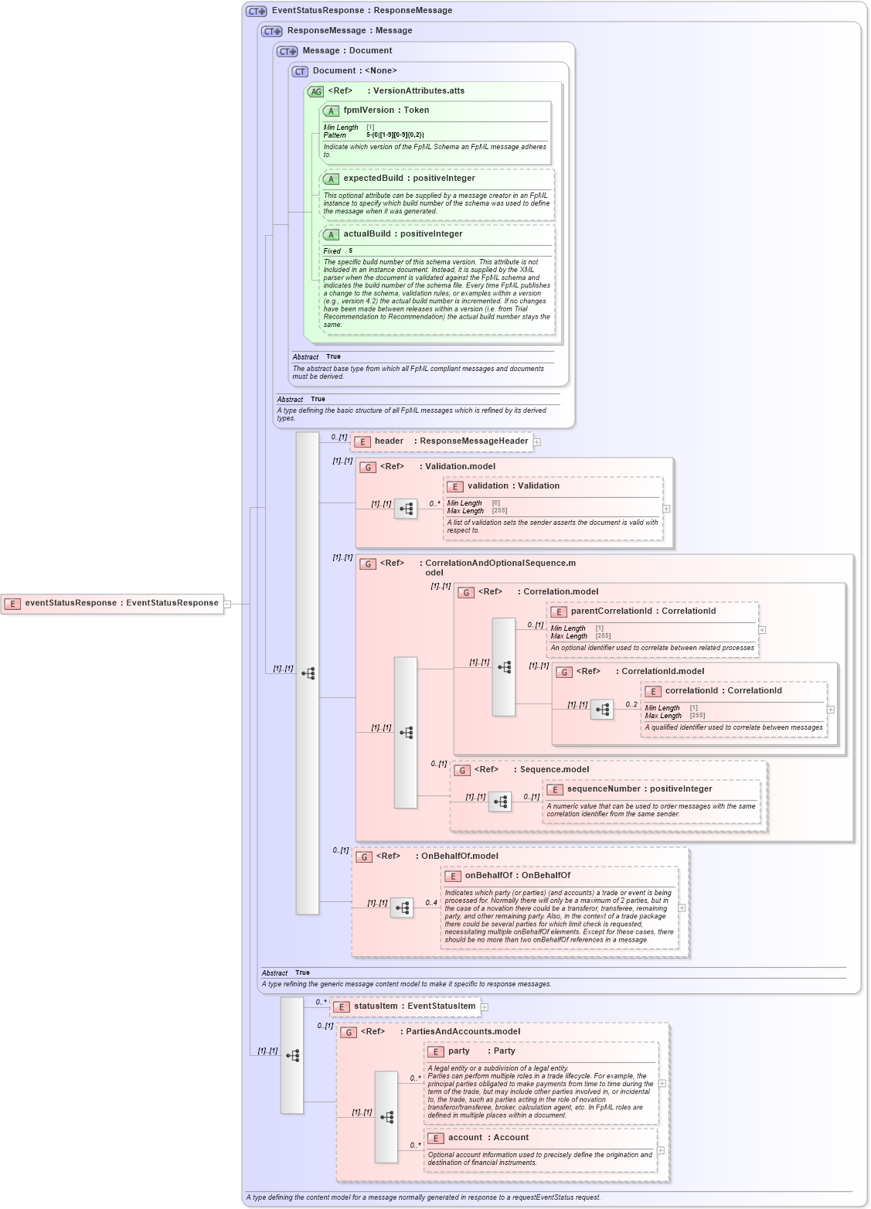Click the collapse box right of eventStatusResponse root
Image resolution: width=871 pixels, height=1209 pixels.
pos(227,604)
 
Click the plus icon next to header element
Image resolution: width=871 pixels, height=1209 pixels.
pos(537,442)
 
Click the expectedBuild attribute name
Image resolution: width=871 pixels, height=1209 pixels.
pos(409,179)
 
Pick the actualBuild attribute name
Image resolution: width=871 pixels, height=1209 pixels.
pos(403,234)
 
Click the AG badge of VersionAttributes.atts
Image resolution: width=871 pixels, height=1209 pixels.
pos(316,91)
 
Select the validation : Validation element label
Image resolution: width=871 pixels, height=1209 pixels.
pos(513,486)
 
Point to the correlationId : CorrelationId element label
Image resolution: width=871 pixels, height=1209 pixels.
pos(723,691)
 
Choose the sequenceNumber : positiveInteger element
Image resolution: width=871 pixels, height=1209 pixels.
pos(639,789)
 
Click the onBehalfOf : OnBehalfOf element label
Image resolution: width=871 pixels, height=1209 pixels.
pos(517,876)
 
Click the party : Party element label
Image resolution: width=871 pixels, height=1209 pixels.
pos(481,1051)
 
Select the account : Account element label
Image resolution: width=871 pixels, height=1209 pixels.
pos(488,1138)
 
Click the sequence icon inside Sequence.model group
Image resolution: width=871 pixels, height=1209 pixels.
pos(500,802)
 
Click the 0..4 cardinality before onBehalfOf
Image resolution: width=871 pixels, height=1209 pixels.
pos(431,902)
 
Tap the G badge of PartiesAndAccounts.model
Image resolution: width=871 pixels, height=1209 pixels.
pos(349,1032)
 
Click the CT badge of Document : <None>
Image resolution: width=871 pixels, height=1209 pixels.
pos(300,71)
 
